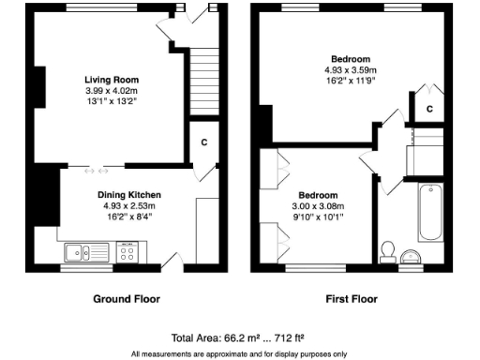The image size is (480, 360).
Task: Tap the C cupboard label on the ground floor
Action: point(203,142)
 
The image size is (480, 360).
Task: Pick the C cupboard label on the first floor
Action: point(429,110)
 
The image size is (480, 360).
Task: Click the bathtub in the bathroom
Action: point(431,211)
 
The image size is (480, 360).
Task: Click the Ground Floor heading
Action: point(126,299)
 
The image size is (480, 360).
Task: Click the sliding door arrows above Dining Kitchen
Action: point(97,170)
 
